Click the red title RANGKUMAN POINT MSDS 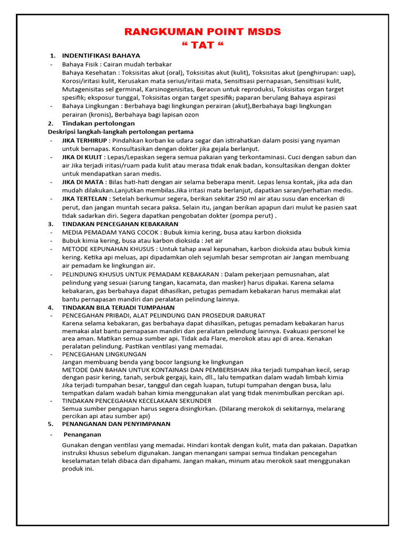pos(202,32)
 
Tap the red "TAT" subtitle pos(202,45)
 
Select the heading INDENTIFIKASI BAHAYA pos(101,55)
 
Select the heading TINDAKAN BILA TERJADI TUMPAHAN pos(118,307)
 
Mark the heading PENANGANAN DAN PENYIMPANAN pos(116,423)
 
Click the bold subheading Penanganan pos(82,435)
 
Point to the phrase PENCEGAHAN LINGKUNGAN pos(104,354)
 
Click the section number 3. pos(51,224)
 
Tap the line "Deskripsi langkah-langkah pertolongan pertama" pos(120,131)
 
